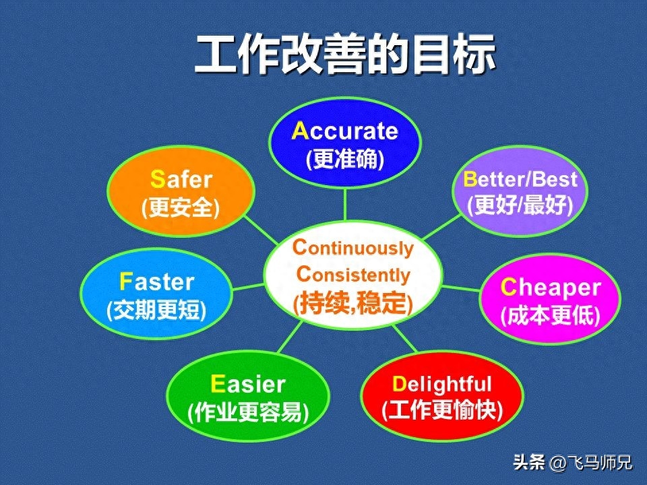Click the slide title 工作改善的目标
point(345,54)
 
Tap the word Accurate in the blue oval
point(345,131)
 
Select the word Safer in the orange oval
point(181,179)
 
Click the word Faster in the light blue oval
point(156,282)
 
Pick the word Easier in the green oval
point(247,385)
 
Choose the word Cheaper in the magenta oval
point(551,288)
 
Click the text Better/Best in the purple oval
point(520,179)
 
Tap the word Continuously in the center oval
point(352,248)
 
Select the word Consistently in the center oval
point(353,275)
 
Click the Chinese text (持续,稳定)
point(352,304)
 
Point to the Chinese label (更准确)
point(345,159)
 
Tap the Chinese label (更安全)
point(181,207)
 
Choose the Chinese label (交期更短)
point(156,310)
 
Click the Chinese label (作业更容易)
point(248,412)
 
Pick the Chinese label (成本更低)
point(551,316)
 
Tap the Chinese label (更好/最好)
point(520,205)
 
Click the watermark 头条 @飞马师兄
point(573,462)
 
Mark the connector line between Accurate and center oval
point(345,204)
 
